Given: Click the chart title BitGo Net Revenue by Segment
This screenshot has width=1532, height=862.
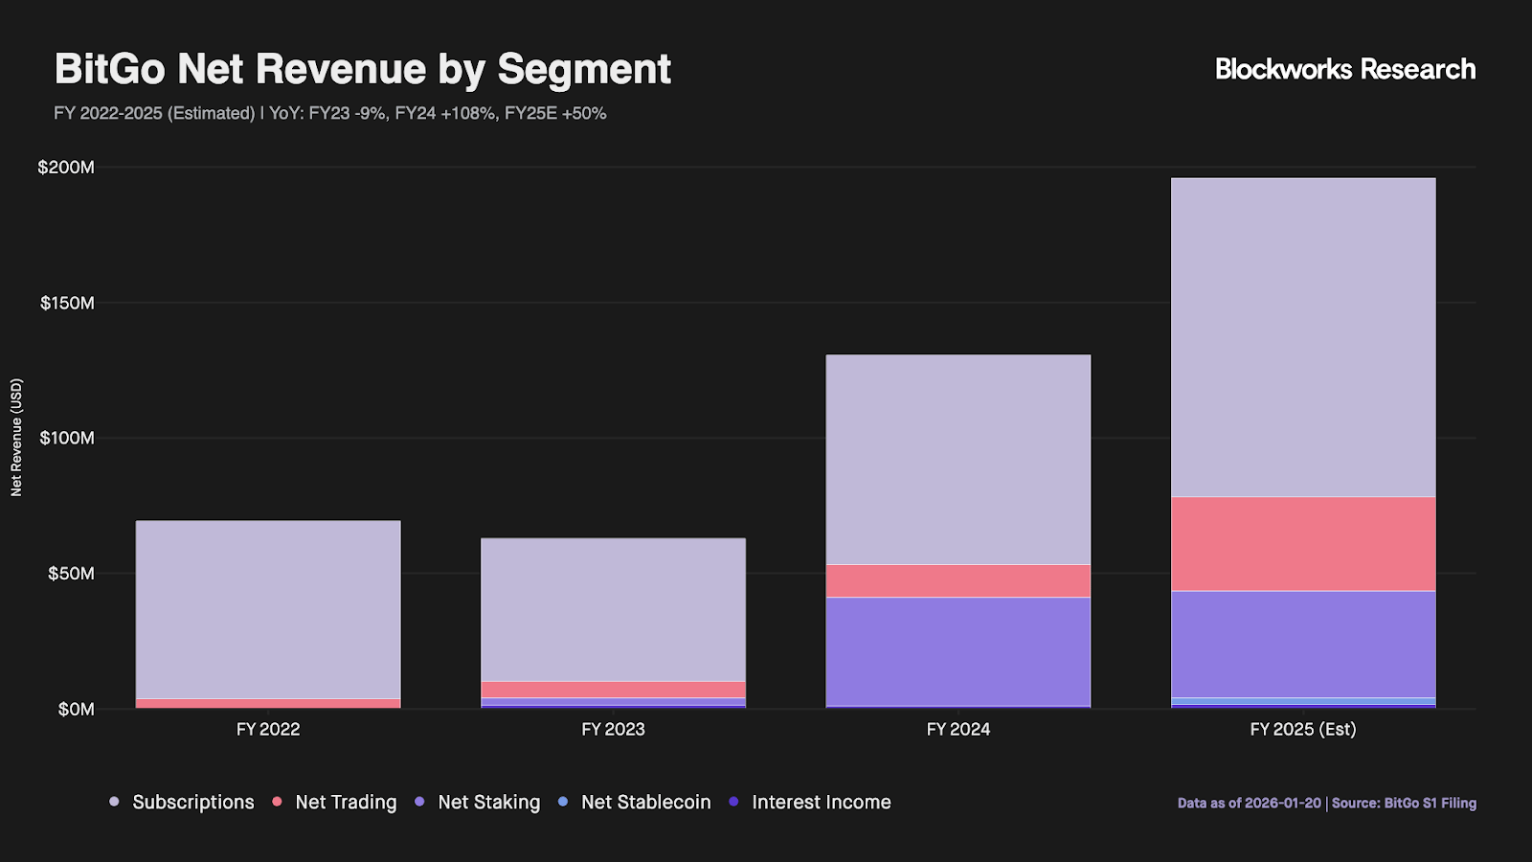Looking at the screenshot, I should [362, 69].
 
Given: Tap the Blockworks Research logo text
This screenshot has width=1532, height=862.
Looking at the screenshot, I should [1344, 69].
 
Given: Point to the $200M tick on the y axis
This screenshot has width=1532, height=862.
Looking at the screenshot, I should [66, 168].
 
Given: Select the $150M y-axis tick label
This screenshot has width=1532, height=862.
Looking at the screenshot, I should [67, 304].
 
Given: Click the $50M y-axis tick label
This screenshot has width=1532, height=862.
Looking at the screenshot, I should [71, 574].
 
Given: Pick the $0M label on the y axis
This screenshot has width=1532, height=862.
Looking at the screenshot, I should [76, 710].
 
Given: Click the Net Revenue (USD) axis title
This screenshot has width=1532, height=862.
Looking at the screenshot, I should [16, 438].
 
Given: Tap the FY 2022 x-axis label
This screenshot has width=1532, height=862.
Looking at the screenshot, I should [268, 730].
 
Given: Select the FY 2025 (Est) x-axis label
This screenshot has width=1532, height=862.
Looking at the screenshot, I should [1302, 730].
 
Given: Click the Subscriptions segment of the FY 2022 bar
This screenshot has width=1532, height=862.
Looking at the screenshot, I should [268, 609].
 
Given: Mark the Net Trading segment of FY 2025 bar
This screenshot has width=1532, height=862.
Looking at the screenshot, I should [1302, 544].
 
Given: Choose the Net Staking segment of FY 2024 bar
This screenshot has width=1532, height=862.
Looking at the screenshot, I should [957, 651].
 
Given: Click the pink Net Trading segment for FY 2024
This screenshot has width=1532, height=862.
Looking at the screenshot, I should [957, 580].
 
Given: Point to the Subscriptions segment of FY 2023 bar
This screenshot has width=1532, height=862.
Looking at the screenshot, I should [613, 609].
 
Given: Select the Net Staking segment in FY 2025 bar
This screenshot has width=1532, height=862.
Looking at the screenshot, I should [1302, 644].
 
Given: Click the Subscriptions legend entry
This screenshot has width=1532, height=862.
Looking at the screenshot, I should [182, 803].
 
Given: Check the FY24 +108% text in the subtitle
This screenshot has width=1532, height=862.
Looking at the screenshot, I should [445, 113].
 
